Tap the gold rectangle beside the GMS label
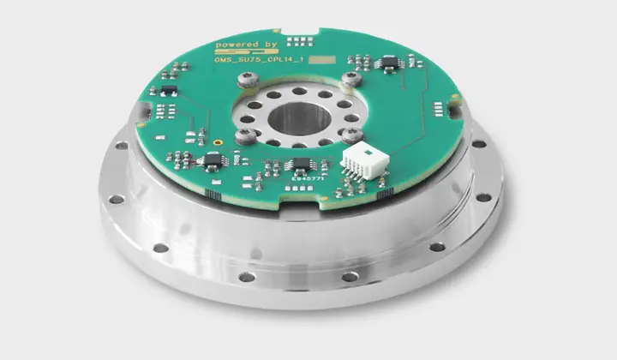(321, 62)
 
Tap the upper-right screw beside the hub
(349, 81)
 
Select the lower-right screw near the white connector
(350, 135)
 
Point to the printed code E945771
(300, 180)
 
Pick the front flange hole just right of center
(350, 276)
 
